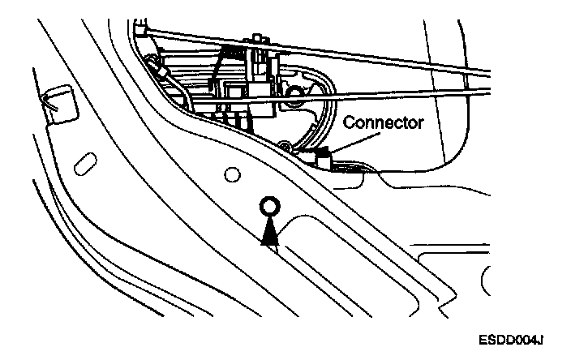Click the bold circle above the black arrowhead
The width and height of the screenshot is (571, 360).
[269, 207]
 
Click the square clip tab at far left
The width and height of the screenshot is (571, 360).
[56, 103]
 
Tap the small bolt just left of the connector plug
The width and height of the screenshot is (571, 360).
[285, 147]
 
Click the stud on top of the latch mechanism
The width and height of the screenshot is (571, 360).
[260, 38]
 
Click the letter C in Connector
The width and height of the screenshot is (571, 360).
[347, 123]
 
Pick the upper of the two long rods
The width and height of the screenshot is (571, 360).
[365, 51]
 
